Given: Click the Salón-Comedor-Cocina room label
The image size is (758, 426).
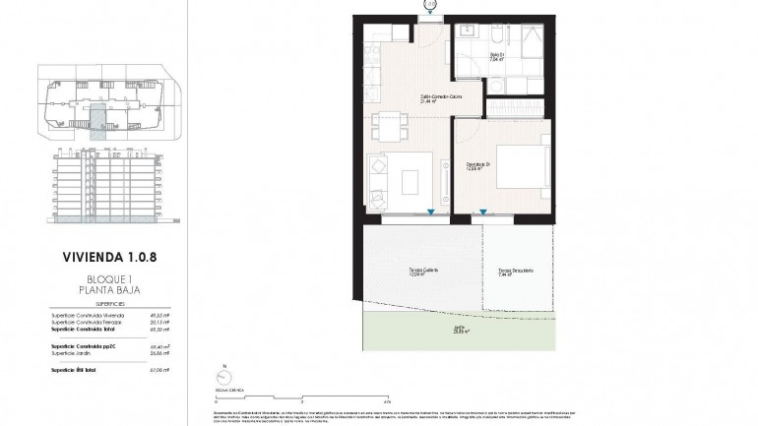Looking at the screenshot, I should [x=429, y=97].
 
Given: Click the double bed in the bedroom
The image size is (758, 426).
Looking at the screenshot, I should [x=520, y=168].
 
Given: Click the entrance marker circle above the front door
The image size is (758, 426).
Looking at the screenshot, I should [x=429, y=4].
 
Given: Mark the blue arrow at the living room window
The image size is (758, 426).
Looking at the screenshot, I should [x=430, y=213].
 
